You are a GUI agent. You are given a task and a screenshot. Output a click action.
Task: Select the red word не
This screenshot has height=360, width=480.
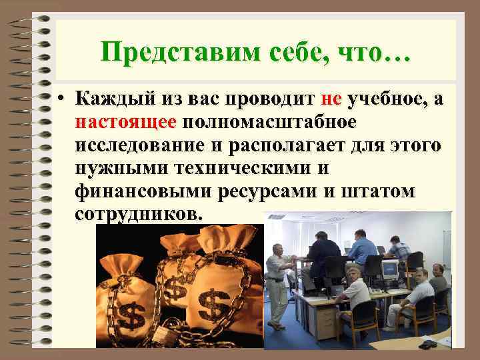pos(331,99)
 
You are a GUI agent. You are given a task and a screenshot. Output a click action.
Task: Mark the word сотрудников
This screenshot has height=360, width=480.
pos(137,214)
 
